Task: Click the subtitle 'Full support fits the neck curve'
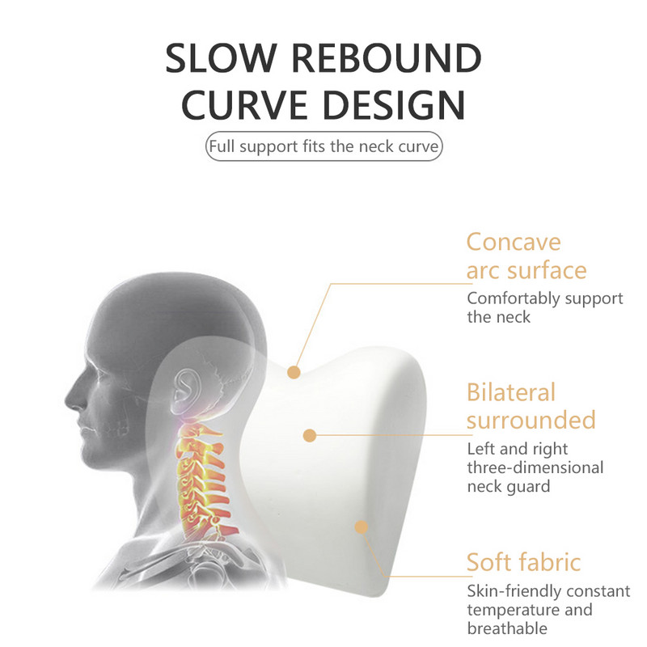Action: pyautogui.click(x=324, y=148)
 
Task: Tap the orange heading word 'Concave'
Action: pyautogui.click(x=513, y=242)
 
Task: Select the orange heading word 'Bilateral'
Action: pyautogui.click(x=511, y=392)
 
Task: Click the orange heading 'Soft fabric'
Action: pyautogui.click(x=523, y=562)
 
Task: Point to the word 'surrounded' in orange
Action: pyautogui.click(x=531, y=421)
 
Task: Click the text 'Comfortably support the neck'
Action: pyautogui.click(x=544, y=307)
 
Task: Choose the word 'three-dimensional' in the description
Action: pyautogui.click(x=535, y=467)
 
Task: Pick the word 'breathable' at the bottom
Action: pyautogui.click(x=507, y=628)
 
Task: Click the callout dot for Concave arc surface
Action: pyautogui.click(x=294, y=372)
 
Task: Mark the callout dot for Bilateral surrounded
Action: pyautogui.click(x=309, y=435)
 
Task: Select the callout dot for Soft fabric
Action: pyautogui.click(x=362, y=526)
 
